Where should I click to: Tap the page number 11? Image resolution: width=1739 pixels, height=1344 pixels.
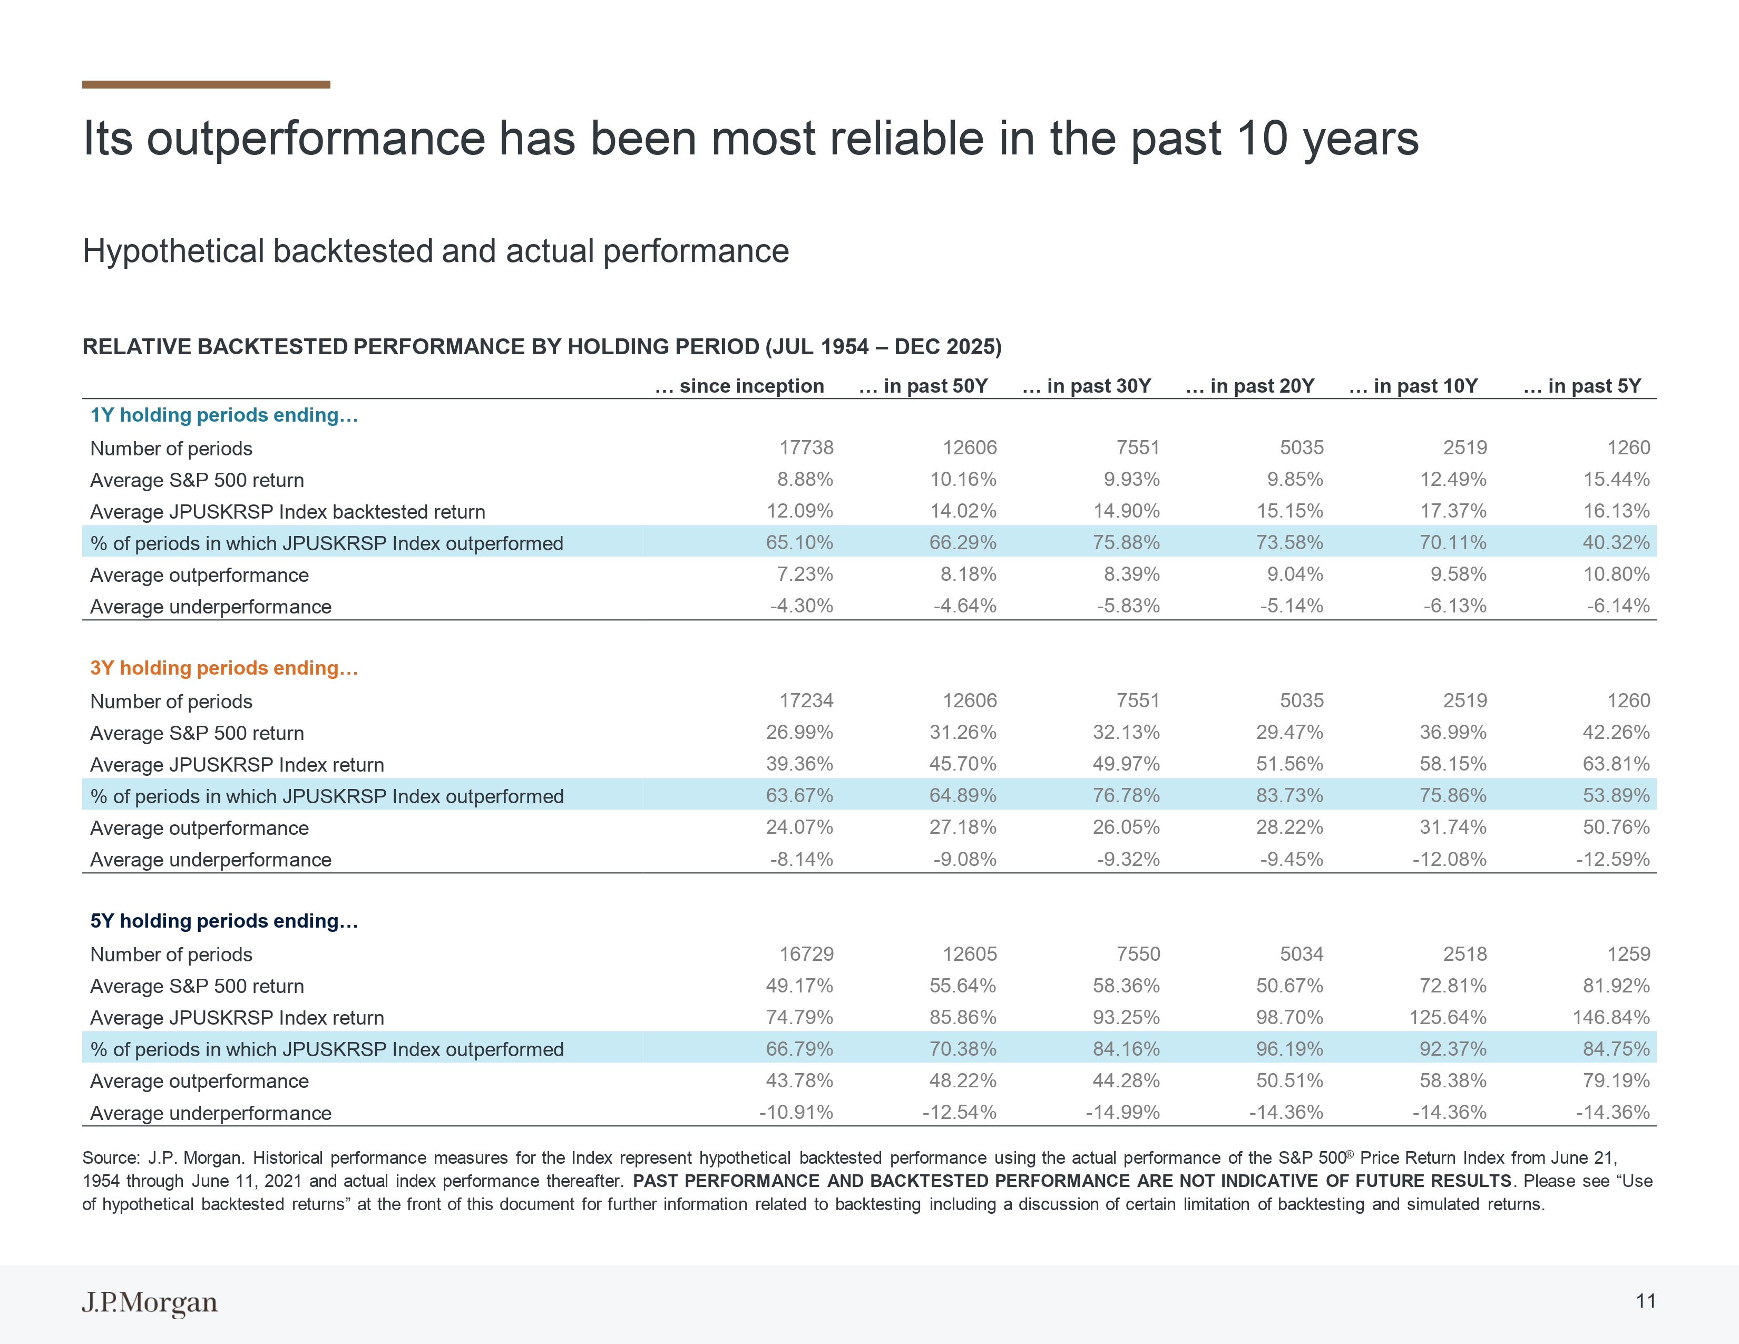[x=1646, y=1301]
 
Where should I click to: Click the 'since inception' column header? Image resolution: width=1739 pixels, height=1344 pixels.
[x=740, y=386]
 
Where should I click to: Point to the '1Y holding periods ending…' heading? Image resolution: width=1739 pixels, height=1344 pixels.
[x=224, y=415]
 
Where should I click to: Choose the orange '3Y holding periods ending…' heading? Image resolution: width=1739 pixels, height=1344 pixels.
[x=224, y=667]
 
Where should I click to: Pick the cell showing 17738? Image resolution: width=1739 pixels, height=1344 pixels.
[x=806, y=447]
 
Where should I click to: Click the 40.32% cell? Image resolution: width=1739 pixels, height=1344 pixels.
[x=1616, y=542]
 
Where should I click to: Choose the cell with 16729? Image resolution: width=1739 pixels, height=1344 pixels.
[x=806, y=954]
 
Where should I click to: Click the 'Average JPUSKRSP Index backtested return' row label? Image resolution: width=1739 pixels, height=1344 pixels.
[x=287, y=511]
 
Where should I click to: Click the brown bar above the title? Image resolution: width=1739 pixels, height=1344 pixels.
[x=206, y=84]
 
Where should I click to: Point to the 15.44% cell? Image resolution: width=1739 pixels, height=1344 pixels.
[x=1616, y=479]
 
